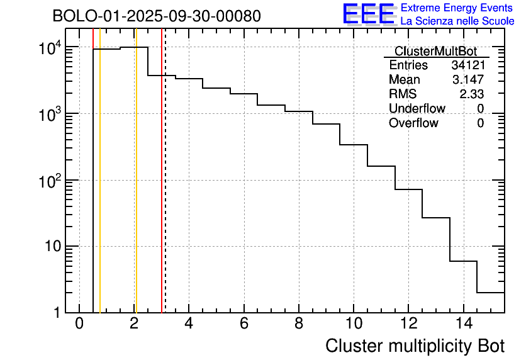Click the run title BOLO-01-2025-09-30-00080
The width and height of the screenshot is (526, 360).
point(157,16)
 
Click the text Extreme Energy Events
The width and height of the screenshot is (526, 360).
point(457,8)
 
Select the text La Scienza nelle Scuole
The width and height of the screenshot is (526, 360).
point(457,21)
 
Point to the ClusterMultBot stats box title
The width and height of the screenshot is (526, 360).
point(435,51)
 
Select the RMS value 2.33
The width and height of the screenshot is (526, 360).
point(471,94)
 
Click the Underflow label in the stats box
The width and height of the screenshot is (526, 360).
point(417,109)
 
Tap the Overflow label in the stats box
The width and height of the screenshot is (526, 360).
point(413,123)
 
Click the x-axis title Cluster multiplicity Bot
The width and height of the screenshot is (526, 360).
point(415,346)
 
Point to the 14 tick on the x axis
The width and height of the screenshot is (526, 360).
point(463,323)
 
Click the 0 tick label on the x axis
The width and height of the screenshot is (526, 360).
point(79,323)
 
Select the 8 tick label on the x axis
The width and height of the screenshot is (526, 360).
point(299,323)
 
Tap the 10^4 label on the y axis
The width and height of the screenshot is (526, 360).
point(48,48)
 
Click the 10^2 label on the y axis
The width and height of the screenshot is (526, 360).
point(48,181)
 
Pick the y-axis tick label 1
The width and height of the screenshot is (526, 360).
point(57,313)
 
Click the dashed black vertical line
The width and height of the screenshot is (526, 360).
point(165,189)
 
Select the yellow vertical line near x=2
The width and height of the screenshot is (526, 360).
point(135,189)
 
